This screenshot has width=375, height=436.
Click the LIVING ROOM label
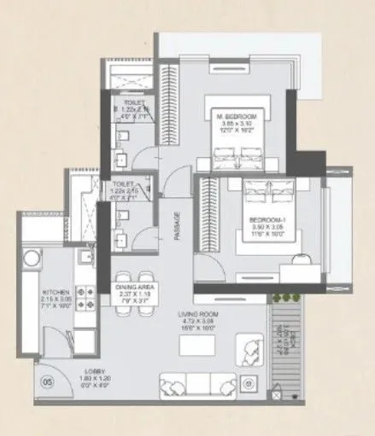click(x=199, y=315)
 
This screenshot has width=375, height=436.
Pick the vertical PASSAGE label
click(x=179, y=225)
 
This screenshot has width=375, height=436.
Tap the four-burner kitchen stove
click(x=85, y=296)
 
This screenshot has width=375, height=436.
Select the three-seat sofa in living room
click(x=192, y=384)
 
